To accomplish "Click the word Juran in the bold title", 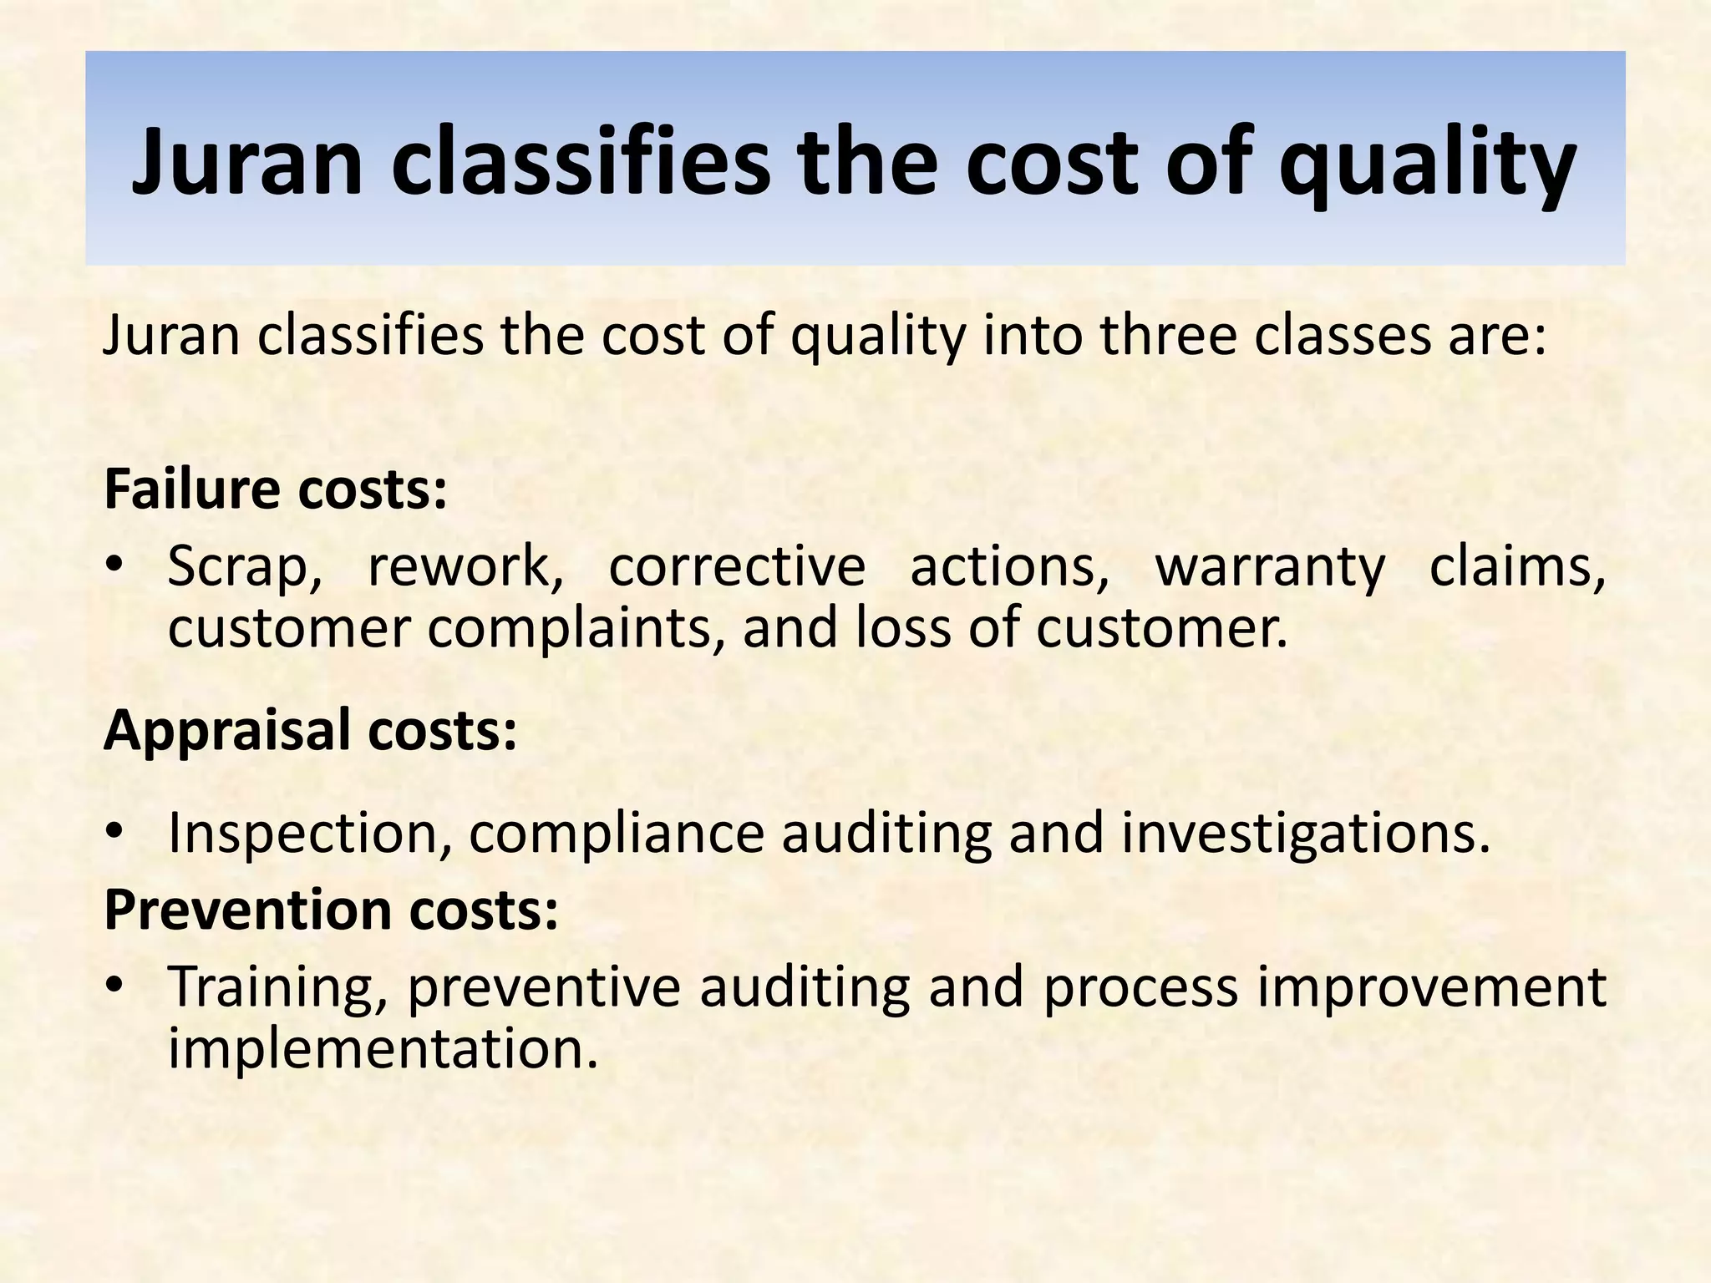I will click(247, 160).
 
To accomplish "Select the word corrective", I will click(737, 566).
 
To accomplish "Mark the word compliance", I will click(617, 834).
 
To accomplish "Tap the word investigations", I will click(1305, 834).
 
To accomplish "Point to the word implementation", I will click(383, 1049).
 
